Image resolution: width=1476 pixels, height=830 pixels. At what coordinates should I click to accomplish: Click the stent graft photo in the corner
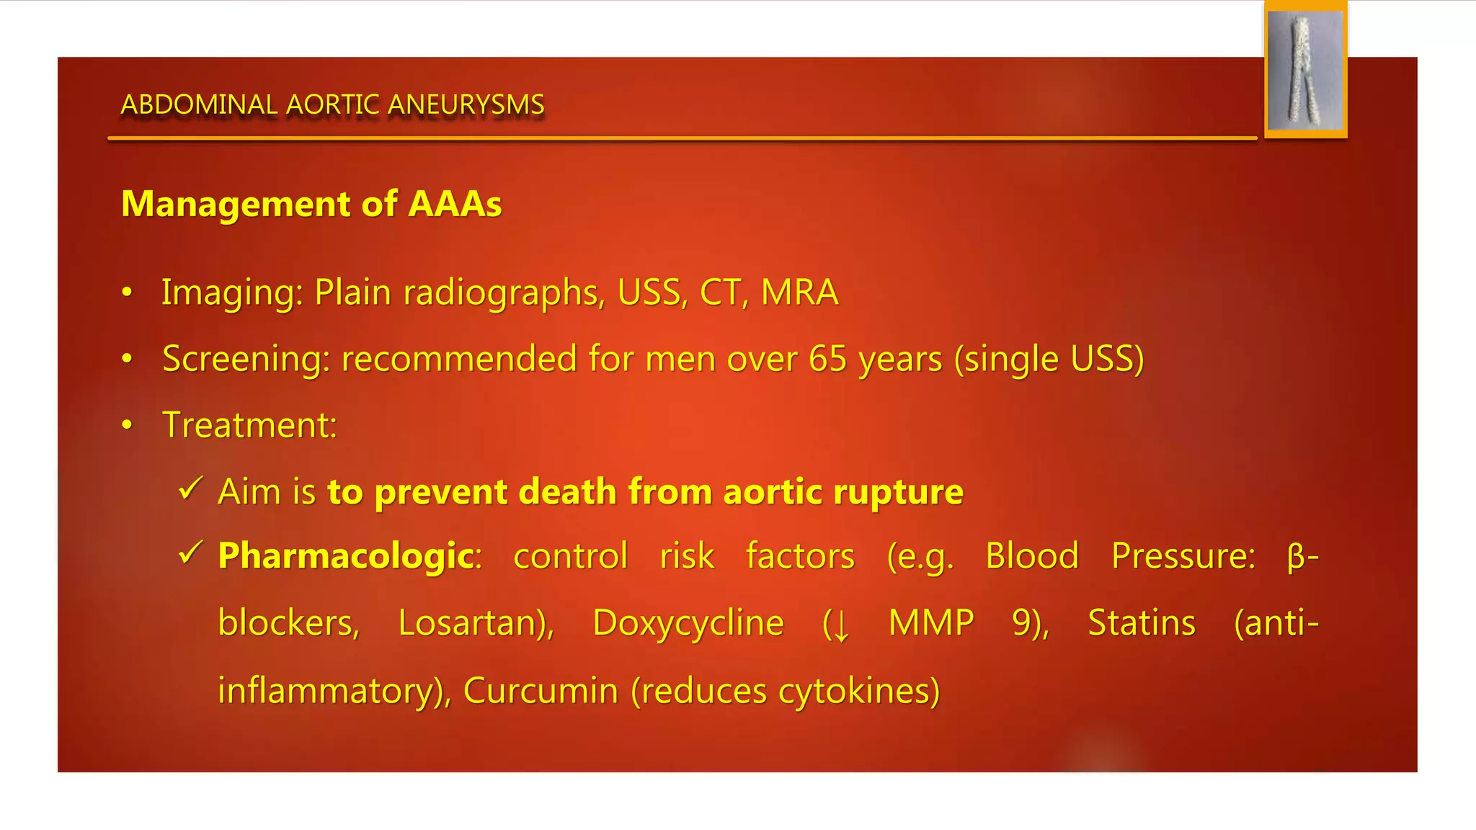point(1305,70)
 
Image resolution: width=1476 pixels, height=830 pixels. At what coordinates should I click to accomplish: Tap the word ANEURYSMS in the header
point(466,105)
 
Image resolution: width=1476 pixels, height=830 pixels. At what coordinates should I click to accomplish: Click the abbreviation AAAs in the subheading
point(455,204)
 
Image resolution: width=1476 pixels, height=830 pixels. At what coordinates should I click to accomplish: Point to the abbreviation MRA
point(799,293)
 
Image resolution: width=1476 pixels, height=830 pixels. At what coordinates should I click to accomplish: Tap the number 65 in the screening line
point(827,359)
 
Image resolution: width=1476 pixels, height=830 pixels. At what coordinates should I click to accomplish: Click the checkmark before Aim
point(190,489)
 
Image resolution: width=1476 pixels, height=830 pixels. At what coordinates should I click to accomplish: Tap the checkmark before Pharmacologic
point(190,553)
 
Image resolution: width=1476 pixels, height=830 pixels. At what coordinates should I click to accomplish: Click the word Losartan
point(475,623)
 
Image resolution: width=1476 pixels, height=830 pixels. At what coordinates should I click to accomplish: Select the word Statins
point(1141,623)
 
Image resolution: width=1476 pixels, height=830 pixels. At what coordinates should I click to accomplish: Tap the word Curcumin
point(541,691)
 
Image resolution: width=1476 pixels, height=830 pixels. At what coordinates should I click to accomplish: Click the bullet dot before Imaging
point(128,293)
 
